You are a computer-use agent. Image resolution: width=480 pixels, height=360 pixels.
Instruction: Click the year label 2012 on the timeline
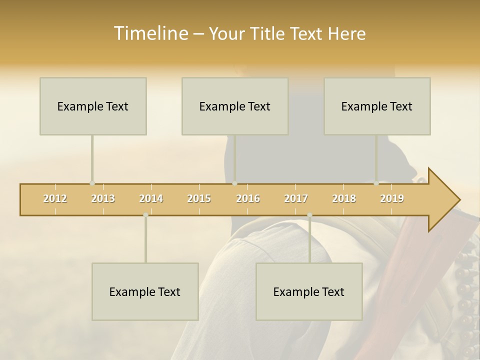coord(55,199)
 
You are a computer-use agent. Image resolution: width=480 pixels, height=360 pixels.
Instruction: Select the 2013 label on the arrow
coord(103,199)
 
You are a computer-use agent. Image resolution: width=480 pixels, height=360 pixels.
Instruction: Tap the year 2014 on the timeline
coord(151,199)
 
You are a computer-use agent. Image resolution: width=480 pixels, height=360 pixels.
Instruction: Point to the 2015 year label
coord(199,199)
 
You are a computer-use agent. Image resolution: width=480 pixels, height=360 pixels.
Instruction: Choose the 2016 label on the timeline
coord(248,199)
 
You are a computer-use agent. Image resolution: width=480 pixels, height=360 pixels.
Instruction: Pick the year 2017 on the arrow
coord(296,199)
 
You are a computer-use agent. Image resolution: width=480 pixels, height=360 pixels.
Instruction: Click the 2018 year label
coord(344,199)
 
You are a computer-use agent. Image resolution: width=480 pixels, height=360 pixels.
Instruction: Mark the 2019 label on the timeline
coord(392,199)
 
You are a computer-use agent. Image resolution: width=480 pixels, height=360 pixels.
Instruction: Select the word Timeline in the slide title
coord(150,33)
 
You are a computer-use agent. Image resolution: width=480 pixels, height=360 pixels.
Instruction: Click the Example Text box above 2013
coord(93,106)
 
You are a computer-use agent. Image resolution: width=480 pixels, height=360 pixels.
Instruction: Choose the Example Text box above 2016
coord(235,106)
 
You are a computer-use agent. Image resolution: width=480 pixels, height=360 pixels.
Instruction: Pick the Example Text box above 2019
coord(377,106)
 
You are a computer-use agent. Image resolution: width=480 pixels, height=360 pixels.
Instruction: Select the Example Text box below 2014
coord(145,292)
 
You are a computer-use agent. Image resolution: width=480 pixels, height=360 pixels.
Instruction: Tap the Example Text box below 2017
coord(309,292)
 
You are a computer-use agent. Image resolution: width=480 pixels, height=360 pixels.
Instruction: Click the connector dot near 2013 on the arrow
coord(92,183)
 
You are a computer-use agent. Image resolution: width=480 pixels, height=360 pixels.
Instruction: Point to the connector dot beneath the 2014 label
coord(145,215)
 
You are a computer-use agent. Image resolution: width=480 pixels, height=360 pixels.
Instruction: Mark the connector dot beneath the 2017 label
coord(309,215)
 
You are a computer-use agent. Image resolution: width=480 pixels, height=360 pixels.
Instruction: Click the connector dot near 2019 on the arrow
coord(376,183)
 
